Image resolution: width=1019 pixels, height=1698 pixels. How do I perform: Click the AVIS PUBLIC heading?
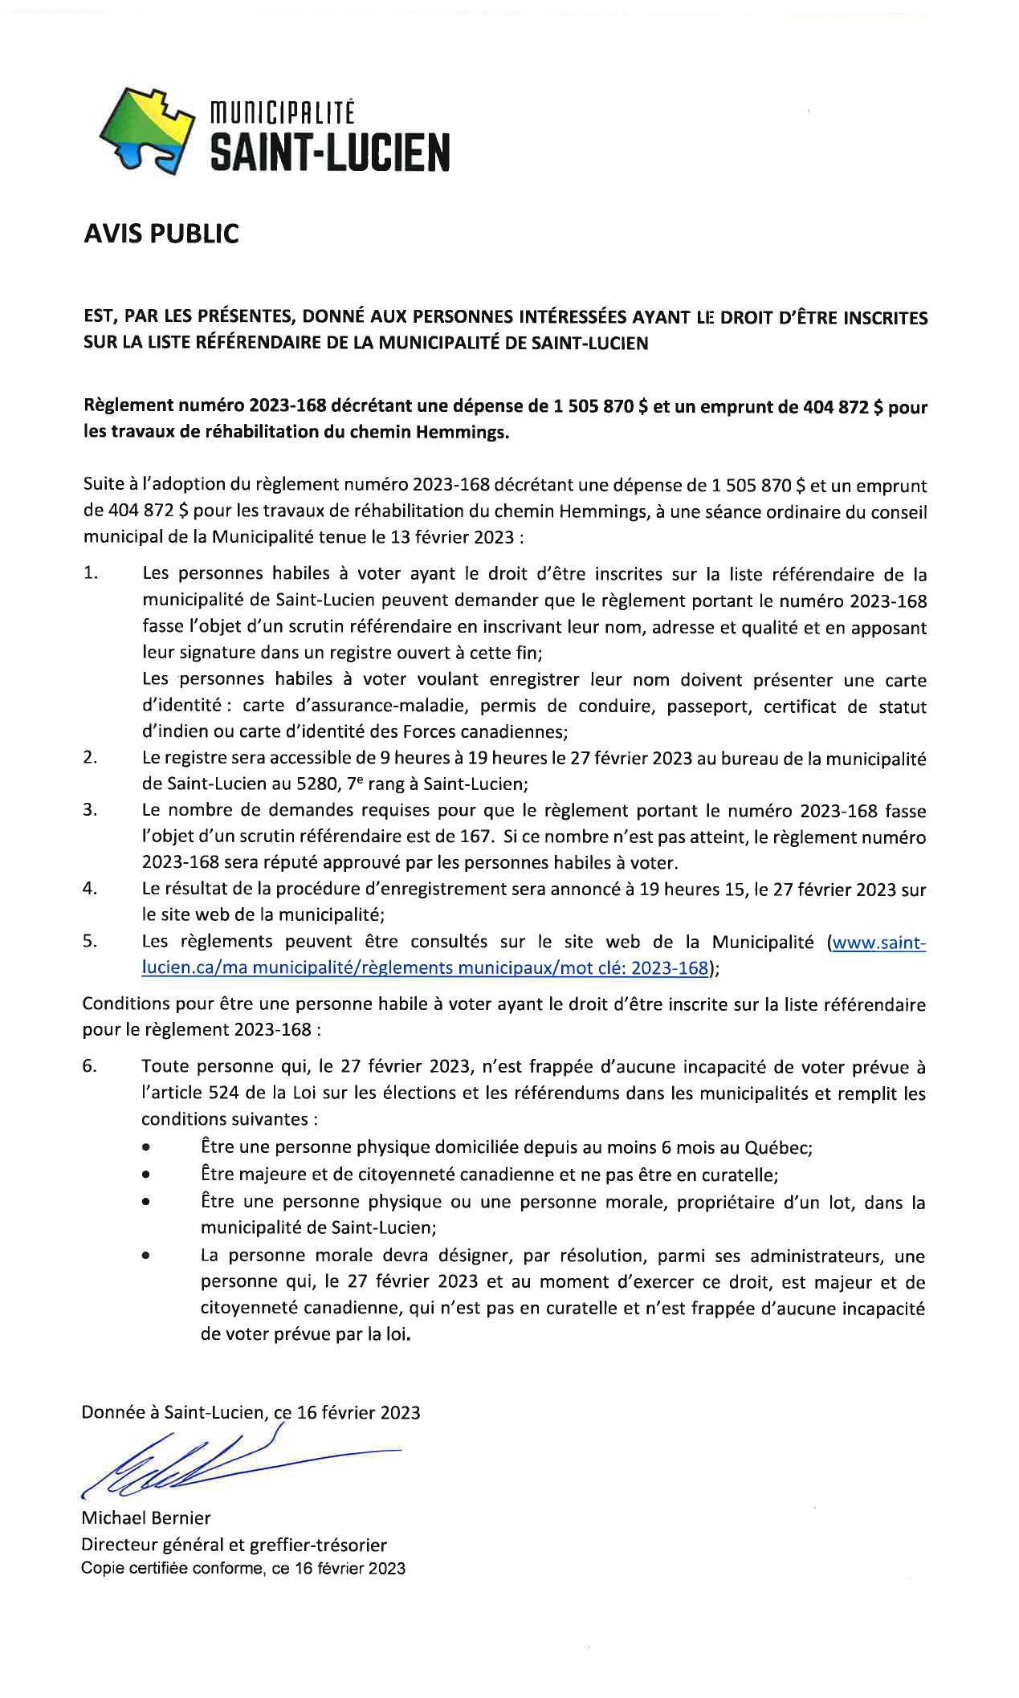tap(161, 234)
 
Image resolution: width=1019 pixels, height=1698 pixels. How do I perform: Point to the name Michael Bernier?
tap(145, 1517)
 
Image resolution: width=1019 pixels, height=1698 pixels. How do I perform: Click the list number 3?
tap(89, 809)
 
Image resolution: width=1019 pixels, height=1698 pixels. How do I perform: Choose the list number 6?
tap(89, 1066)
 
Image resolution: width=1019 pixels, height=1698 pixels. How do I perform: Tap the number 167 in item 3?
tap(474, 836)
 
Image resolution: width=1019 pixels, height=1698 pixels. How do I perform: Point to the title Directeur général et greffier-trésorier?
tap(234, 1545)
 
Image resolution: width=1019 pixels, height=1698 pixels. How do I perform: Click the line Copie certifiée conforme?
tap(243, 1569)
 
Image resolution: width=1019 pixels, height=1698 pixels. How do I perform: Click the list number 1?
tap(91, 573)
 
